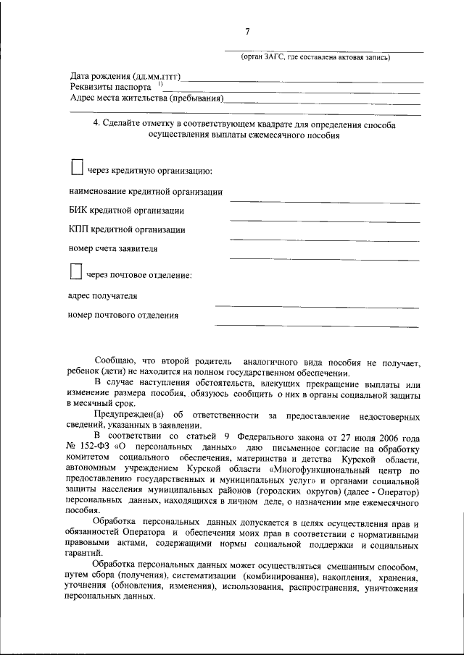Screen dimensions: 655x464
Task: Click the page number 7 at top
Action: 247,31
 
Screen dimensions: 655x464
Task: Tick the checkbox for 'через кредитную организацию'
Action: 77,168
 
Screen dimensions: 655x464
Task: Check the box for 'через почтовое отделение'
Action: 76,272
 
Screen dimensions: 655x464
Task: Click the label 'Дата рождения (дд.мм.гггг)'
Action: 125,77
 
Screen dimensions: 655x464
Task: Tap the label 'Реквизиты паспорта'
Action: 111,88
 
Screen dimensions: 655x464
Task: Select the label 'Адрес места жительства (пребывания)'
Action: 147,98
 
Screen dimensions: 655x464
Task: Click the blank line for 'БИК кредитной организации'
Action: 325,221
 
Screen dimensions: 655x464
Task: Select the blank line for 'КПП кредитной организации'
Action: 325,240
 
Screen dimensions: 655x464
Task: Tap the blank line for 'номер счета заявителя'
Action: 325,258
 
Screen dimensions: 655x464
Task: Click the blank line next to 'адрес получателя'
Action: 317,306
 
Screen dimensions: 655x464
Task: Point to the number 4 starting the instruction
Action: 97,124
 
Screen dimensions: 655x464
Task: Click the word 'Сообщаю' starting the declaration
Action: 115,360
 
